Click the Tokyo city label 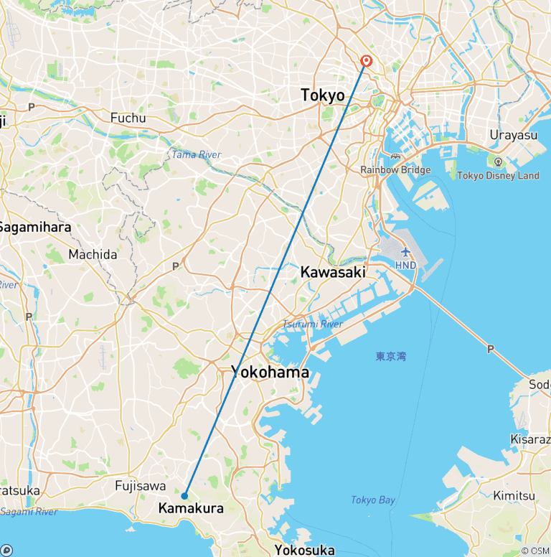point(322,95)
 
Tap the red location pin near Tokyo point(367,62)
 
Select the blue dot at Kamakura point(185,495)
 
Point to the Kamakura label point(190,508)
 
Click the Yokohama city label point(270,372)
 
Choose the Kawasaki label point(333,272)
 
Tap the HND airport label point(405,265)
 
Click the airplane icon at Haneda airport point(405,252)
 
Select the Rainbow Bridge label point(395,170)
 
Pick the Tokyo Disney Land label point(498,175)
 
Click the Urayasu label point(513,135)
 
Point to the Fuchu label point(128,118)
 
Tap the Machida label point(93,254)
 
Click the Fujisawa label point(141,486)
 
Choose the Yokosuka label point(304,550)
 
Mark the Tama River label point(196,155)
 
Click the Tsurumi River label point(312,324)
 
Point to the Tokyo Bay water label point(373,500)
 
